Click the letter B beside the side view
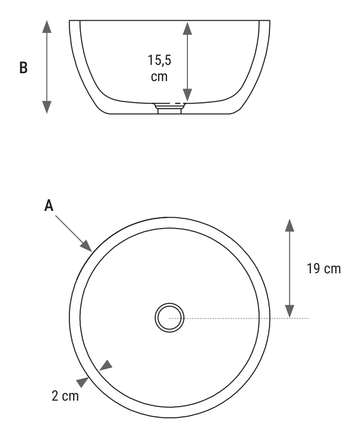point(24,68)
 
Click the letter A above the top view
point(49,206)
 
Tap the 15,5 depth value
point(159,60)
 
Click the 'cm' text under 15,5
point(159,77)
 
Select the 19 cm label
point(324,269)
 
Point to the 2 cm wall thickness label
point(65,396)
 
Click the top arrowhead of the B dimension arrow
point(47,27)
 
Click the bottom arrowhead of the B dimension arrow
point(47,108)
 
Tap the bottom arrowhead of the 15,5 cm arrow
point(187,95)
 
